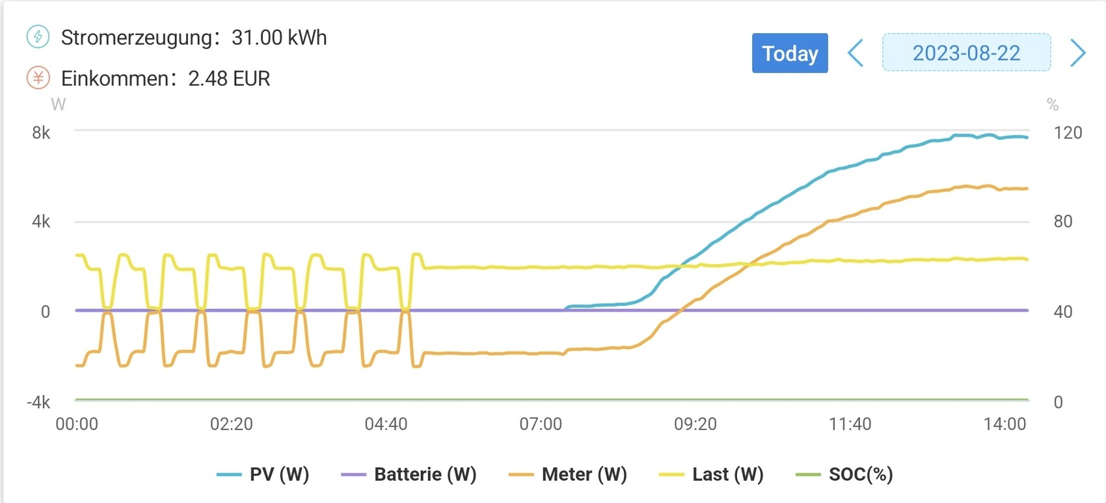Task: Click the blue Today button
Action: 790,53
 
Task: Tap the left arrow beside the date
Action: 856,53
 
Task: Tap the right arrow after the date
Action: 1077,53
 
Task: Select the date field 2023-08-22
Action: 966,53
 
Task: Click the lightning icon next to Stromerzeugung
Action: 38,37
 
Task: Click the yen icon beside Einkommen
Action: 38,78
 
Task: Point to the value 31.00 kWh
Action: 279,38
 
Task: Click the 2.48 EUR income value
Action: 229,79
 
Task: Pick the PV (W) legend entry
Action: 263,474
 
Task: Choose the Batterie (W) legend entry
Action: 409,474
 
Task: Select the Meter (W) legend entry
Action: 568,474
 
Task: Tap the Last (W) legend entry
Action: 711,474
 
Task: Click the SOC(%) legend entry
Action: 844,474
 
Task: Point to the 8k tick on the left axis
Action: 41,133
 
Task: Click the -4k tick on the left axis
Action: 38,402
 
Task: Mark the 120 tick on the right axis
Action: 1068,133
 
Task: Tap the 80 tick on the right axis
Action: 1063,222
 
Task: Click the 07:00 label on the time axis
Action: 541,424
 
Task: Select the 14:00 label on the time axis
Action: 1005,424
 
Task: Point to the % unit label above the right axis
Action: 1053,105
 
